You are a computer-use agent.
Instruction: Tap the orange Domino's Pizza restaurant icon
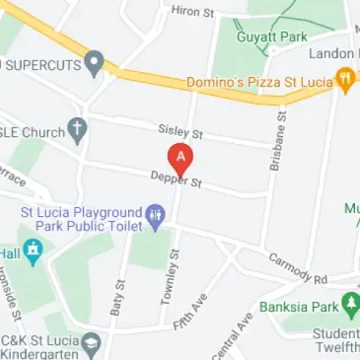click(x=345, y=78)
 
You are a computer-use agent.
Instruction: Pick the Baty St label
click(x=119, y=298)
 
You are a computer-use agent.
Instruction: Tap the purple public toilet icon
click(x=155, y=214)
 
